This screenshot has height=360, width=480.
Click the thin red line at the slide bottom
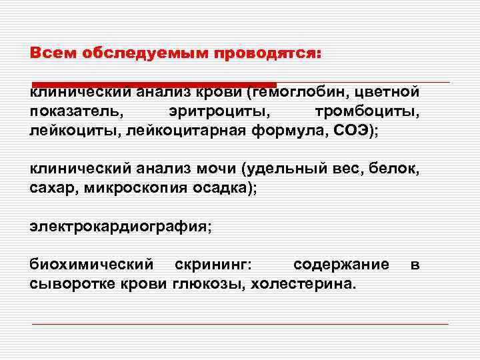point(240,324)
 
